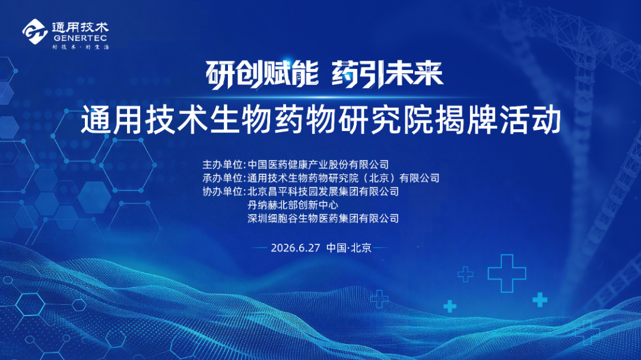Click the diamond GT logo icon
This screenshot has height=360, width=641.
pos(35,31)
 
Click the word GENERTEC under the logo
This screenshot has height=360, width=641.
pos(80,39)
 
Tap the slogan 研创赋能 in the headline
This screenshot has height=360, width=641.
pos(262,74)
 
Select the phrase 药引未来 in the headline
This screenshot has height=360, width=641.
pos(387,74)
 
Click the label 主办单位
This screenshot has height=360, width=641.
pos(223,165)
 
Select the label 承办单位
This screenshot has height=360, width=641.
pos(223,178)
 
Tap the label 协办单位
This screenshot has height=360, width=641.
pos(223,192)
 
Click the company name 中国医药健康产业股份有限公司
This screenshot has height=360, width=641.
pos(318,165)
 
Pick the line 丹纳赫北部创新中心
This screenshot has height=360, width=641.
pos(293,205)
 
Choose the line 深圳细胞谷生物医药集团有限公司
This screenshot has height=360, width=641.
pos(323,219)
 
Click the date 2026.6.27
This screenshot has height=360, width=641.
pos(295,248)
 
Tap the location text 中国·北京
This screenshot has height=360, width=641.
pos(349,248)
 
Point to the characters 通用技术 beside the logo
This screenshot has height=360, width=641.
pos(80,27)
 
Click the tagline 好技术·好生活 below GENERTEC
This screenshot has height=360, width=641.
pos(81,47)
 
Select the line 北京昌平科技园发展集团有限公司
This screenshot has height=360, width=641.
pos(323,192)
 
